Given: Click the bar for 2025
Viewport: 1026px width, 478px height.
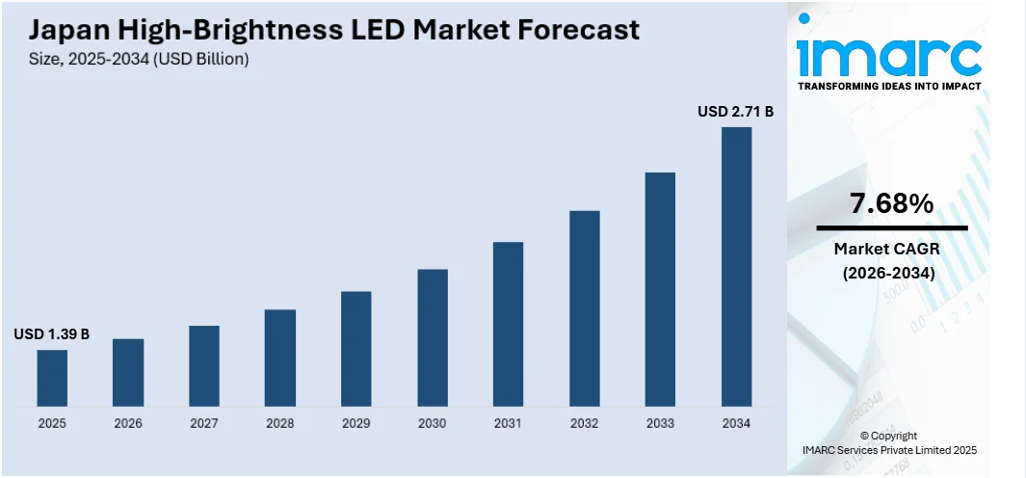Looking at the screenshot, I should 52,377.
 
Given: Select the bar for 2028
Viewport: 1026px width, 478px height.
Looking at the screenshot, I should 280,357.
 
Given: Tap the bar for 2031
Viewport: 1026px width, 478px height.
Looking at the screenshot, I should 509,323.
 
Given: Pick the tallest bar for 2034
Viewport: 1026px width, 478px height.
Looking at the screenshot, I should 736,266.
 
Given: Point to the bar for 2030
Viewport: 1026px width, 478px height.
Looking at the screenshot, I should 433,336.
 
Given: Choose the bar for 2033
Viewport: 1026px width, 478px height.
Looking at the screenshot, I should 660,288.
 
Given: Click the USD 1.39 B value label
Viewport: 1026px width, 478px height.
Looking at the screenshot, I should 52,334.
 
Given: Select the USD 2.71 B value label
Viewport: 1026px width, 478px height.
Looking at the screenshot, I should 736,112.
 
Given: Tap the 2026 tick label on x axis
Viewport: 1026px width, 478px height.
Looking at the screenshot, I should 128,423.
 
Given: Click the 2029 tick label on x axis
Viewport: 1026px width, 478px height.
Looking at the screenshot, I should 356,423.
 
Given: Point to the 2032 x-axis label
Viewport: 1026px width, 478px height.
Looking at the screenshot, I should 585,423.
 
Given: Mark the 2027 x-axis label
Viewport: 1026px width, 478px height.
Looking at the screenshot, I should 204,423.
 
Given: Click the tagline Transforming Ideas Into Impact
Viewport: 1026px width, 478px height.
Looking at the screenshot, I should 889,87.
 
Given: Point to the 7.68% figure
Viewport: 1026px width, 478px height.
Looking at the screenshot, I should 891,203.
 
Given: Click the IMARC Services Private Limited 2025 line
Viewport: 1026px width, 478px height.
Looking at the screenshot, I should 889,450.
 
